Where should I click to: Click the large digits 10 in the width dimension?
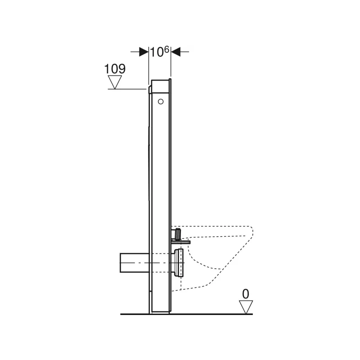(156, 52)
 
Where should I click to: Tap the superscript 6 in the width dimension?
(166, 49)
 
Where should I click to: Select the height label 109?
(115, 69)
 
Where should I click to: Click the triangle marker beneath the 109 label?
(115, 82)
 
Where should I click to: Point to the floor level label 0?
(245, 294)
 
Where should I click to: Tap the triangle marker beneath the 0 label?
(246, 307)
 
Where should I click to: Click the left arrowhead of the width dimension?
(144, 52)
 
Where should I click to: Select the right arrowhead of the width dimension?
(175, 52)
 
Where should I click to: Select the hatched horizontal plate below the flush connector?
(180, 242)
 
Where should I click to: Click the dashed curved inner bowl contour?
(202, 261)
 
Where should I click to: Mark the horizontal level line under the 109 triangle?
(128, 89)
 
